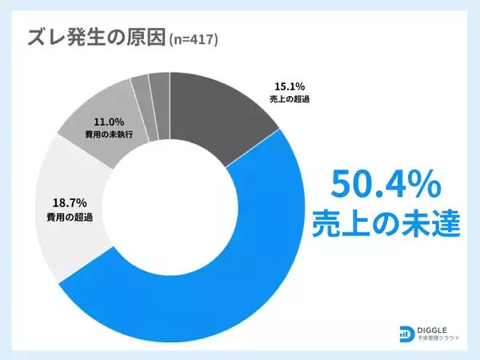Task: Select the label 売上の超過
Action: [289, 100]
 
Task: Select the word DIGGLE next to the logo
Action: [438, 328]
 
